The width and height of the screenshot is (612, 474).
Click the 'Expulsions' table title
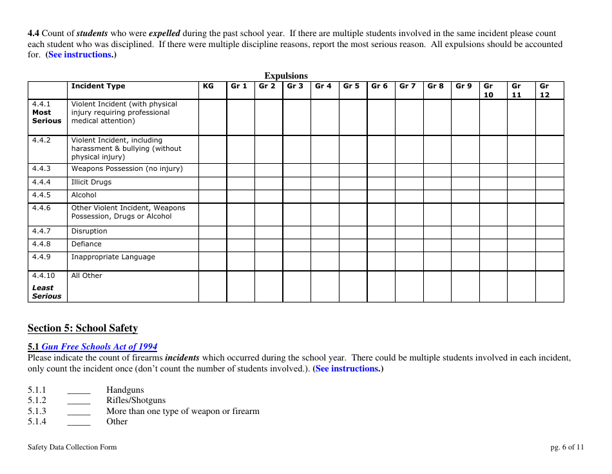(x=286, y=75)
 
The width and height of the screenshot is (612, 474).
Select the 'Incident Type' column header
(x=98, y=86)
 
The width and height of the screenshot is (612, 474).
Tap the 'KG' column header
(x=208, y=86)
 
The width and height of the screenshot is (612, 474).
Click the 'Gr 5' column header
(x=351, y=86)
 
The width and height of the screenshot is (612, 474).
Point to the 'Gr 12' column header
(x=544, y=90)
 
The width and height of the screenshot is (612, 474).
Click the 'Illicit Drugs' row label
(x=91, y=183)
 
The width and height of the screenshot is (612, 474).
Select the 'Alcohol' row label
(x=84, y=195)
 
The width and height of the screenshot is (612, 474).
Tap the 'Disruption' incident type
(x=89, y=232)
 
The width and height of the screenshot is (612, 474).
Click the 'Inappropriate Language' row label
(x=113, y=257)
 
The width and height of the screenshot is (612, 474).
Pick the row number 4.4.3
(x=41, y=169)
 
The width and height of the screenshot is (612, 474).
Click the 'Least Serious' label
(x=46, y=292)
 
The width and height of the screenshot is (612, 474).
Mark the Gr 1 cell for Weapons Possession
(x=240, y=170)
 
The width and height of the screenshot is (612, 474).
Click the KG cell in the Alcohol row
(x=212, y=195)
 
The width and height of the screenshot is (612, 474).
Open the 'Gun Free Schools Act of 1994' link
(x=99, y=347)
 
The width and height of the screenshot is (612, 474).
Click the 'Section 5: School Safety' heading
(x=82, y=328)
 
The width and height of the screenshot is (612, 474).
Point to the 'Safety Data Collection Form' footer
(x=72, y=447)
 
